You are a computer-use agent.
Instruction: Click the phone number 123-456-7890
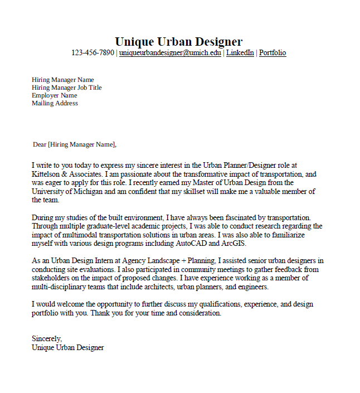93,53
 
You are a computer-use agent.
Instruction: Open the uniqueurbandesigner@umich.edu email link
170,53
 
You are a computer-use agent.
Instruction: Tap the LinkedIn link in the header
240,53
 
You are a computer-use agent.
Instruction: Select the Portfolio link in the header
273,53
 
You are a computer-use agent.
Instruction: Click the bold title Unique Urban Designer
178,41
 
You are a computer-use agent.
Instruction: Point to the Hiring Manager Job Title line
67,88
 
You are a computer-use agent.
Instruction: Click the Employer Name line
55,95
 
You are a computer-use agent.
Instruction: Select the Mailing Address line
55,103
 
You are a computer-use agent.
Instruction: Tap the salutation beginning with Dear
75,144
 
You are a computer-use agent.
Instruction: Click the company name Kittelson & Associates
65,174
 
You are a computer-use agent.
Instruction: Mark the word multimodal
71,235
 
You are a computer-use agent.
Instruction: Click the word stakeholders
51,278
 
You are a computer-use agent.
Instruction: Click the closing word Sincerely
47,339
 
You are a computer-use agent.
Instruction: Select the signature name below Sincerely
68,347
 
